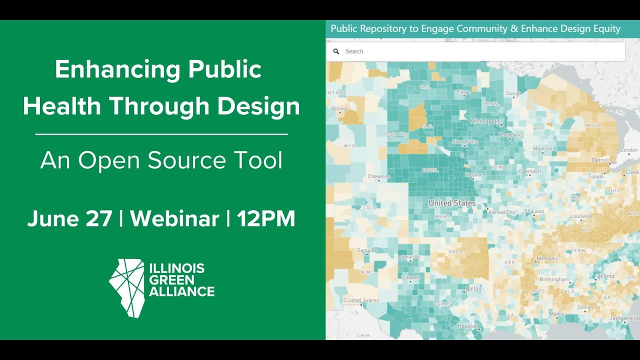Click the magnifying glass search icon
(336, 51)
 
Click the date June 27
(69, 219)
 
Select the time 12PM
(266, 219)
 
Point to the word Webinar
(174, 219)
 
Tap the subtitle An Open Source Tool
(161, 160)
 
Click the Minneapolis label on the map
(485, 121)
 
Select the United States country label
(452, 203)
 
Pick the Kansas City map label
(502, 212)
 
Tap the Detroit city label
(599, 160)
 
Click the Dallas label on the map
(473, 288)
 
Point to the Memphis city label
(546, 259)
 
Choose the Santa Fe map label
(367, 250)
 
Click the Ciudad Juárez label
(361, 300)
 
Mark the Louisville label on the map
(581, 216)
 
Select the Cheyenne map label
(378, 176)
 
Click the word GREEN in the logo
(171, 280)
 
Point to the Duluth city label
(513, 93)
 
